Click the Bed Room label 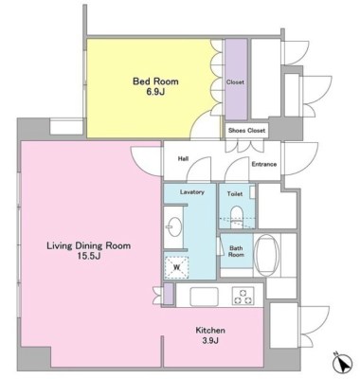(x=155, y=81)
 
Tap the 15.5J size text (x=89, y=256)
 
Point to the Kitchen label (x=210, y=331)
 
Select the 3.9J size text (x=210, y=340)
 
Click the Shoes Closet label (x=247, y=130)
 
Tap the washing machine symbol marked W (x=176, y=267)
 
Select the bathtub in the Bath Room (x=267, y=255)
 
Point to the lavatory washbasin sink (x=173, y=226)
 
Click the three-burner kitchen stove (x=243, y=297)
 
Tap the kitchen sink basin (x=205, y=297)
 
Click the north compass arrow (x=342, y=363)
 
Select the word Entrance (x=264, y=164)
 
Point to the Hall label (x=183, y=158)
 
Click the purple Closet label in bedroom (x=235, y=82)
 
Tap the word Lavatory (x=192, y=192)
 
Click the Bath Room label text (x=236, y=251)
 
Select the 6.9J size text (x=155, y=92)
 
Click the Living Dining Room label (x=89, y=245)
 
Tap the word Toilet (x=235, y=194)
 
